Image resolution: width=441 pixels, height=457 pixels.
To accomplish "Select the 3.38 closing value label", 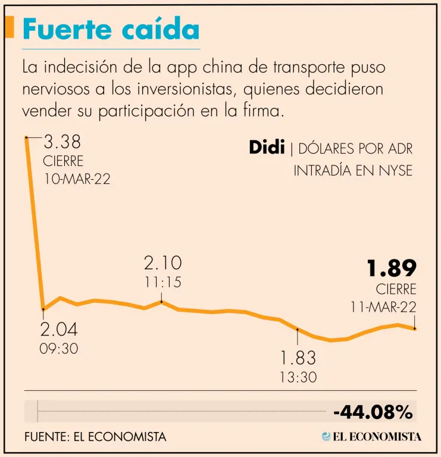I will pos(62,143).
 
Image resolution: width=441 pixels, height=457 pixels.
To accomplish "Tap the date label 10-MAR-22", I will pos(77,179).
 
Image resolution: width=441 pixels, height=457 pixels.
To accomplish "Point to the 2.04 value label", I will pos(59,330).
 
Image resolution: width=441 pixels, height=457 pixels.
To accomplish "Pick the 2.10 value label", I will pos(162,263).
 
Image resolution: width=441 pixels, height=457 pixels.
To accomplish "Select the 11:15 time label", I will pos(162,281).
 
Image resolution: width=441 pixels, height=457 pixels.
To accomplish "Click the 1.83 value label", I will pos(298,358).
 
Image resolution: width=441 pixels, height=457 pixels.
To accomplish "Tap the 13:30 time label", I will pos(298,377).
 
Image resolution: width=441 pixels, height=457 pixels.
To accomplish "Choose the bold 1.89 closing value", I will pos(391,269).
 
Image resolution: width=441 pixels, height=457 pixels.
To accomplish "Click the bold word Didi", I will pos(267,148).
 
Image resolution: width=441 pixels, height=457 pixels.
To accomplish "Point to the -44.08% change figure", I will pos(373,411).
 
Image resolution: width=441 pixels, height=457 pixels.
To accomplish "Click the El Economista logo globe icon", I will pos(326,436).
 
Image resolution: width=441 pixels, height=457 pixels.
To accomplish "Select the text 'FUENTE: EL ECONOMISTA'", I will pos(95,436).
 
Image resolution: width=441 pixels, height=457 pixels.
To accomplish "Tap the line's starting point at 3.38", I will pos(26,137).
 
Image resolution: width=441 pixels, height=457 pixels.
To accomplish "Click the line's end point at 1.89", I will pos(414,328).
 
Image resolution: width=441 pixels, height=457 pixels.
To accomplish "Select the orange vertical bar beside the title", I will pos(10,27).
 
